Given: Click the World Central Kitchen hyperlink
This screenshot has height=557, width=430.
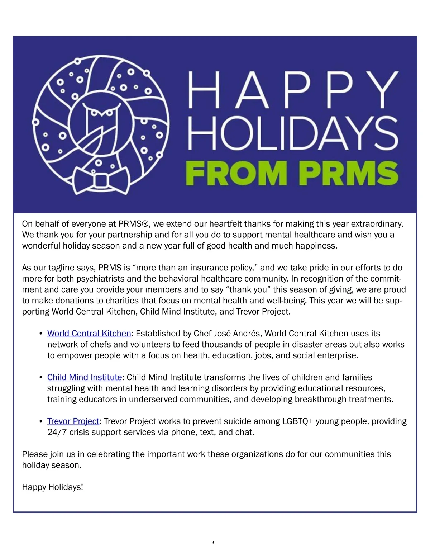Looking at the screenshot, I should [x=89, y=334].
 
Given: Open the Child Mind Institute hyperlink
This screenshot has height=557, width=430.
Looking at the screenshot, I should [x=85, y=377].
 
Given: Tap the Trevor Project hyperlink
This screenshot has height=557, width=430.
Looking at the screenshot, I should [x=73, y=421].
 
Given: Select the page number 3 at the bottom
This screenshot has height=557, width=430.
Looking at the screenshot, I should [x=213, y=542].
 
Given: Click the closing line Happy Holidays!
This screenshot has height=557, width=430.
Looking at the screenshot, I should [x=53, y=487].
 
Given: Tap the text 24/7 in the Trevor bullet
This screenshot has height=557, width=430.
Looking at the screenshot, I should [x=57, y=432].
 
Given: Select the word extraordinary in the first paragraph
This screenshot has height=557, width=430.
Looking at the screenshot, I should [x=377, y=224].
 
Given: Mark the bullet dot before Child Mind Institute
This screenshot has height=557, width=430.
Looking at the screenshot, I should [x=41, y=377].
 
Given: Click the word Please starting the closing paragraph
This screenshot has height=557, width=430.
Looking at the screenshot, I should [x=35, y=454].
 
